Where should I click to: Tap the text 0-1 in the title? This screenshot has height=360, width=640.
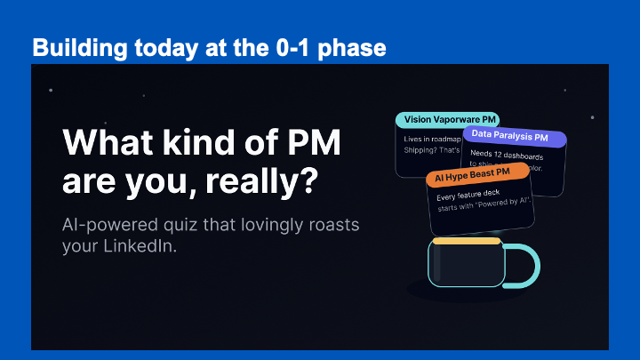(x=286, y=47)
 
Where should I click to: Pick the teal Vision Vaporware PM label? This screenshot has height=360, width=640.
(x=450, y=119)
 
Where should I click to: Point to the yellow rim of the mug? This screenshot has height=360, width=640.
(x=466, y=240)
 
